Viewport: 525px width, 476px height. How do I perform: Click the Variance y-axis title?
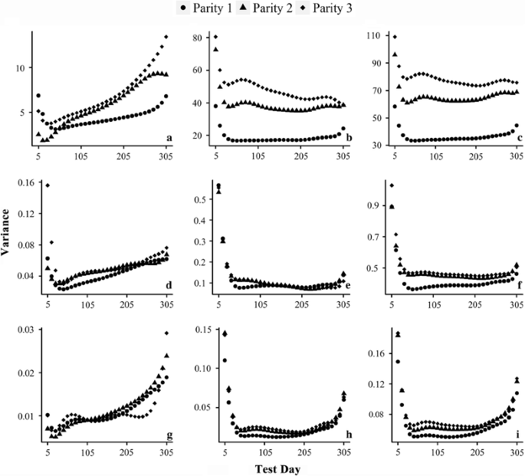[8, 234]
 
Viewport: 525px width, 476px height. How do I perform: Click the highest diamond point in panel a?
[166, 37]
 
